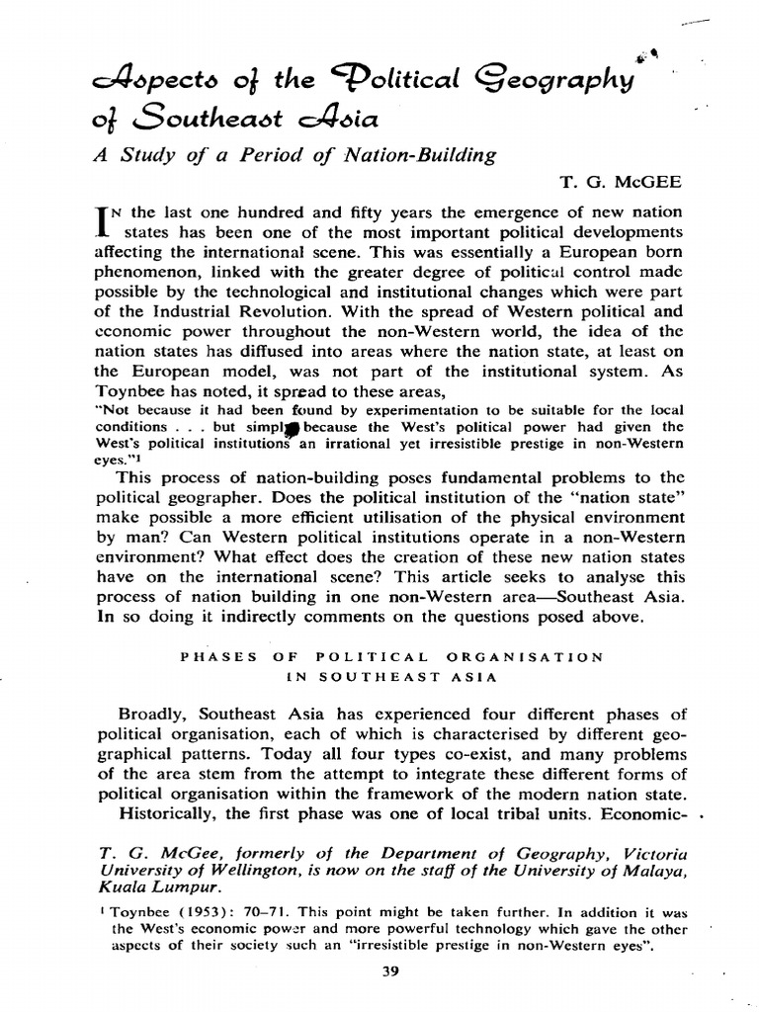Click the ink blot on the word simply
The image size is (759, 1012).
coord(295,427)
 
